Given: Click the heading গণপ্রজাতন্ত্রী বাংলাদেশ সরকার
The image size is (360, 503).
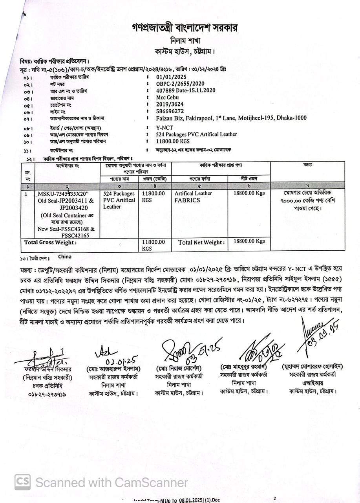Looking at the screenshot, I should tap(185, 28).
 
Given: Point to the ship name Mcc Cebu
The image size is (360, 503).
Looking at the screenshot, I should tap(168, 97).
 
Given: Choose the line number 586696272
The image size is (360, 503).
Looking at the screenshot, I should tap(170, 111).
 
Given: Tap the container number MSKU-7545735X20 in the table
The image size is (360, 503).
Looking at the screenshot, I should tap(64, 194).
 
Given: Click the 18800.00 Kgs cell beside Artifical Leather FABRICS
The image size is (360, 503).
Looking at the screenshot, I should tap(249, 193).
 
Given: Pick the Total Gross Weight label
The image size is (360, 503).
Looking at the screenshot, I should tap(50, 242).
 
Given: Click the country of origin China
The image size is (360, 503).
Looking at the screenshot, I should tap(65, 257).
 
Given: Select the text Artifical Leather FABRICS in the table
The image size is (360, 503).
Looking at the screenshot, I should tap(193, 196).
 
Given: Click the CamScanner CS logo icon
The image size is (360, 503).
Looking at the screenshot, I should tap(23, 482).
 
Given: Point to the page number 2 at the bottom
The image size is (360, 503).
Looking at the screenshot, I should tap(275, 498).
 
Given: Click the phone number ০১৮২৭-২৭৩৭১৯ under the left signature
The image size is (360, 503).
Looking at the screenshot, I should tap(48, 394).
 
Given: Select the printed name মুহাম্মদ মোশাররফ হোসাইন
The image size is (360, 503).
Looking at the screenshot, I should tap(312, 367).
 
